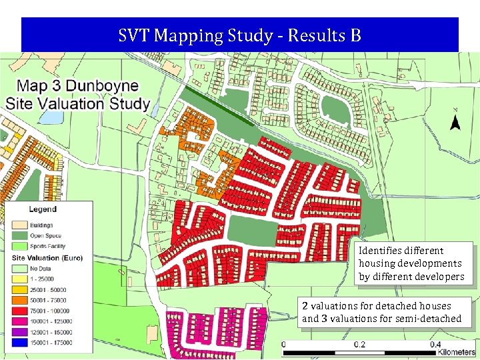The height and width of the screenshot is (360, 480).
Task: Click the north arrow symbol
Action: point(455,122)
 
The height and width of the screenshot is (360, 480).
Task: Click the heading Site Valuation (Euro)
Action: point(45,257)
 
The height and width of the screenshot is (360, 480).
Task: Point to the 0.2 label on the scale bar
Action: point(360,345)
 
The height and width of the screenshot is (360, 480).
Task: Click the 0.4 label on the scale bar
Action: point(434,345)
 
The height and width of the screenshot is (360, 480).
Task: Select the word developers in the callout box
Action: point(439,276)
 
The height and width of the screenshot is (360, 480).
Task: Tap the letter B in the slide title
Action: point(355,35)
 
